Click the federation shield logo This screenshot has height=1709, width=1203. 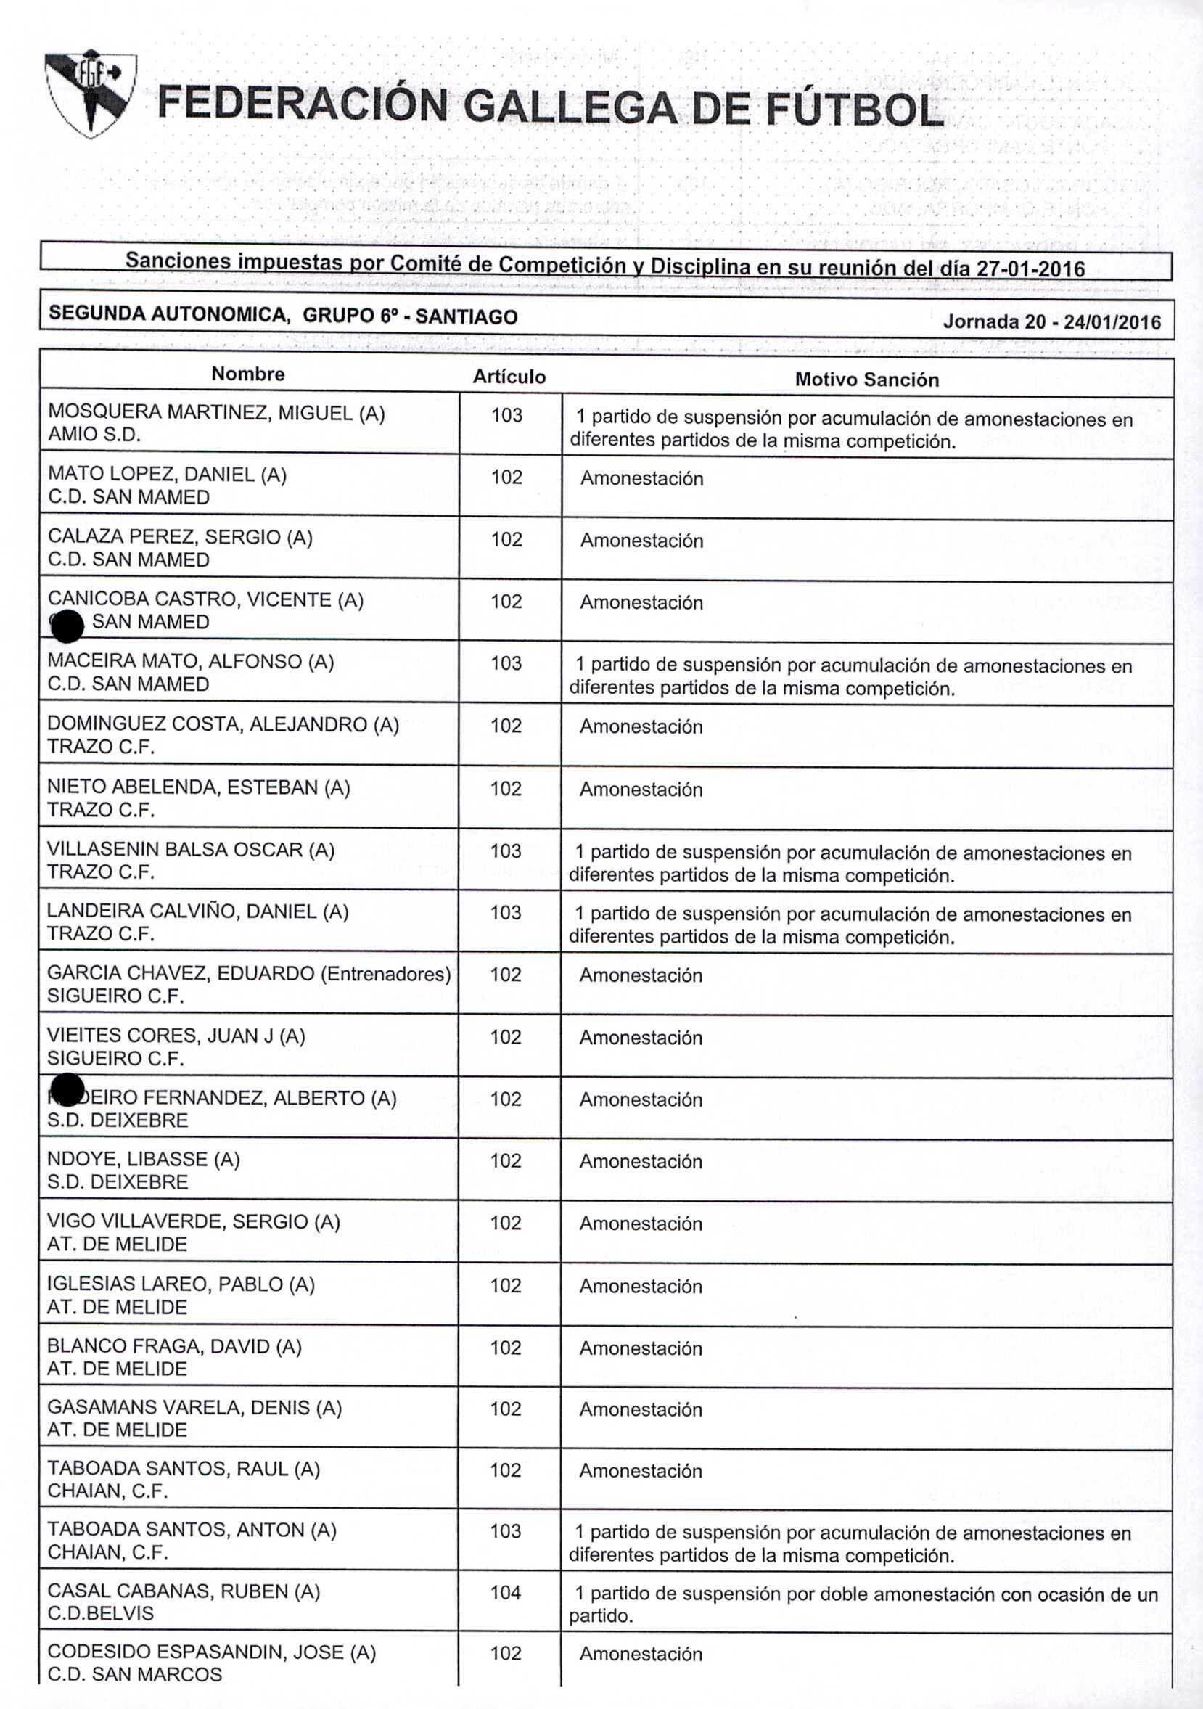tap(90, 92)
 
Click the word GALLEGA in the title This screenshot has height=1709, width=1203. tap(571, 107)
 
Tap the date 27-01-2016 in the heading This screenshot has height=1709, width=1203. tap(1030, 269)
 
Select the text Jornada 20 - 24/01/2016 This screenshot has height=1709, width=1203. tap(1051, 321)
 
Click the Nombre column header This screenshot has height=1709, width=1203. tap(248, 374)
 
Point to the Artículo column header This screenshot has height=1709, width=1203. tap(509, 377)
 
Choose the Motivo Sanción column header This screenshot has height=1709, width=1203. tap(866, 380)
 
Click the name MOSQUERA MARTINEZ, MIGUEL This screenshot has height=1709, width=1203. tap(201, 413)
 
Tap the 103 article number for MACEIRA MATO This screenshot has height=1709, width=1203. tap(506, 663)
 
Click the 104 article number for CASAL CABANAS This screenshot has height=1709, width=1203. tap(506, 1592)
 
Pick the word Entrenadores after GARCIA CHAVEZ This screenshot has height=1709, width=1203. tap(385, 974)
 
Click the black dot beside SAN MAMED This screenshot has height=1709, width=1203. tap(67, 626)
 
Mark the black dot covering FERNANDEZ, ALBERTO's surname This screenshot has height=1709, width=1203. tap(67, 1090)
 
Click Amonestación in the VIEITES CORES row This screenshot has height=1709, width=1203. tap(641, 1038)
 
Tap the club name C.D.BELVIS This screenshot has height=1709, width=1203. tap(101, 1613)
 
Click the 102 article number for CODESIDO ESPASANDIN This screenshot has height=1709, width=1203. tap(506, 1653)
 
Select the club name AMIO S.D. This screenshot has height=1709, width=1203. tap(94, 435)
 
